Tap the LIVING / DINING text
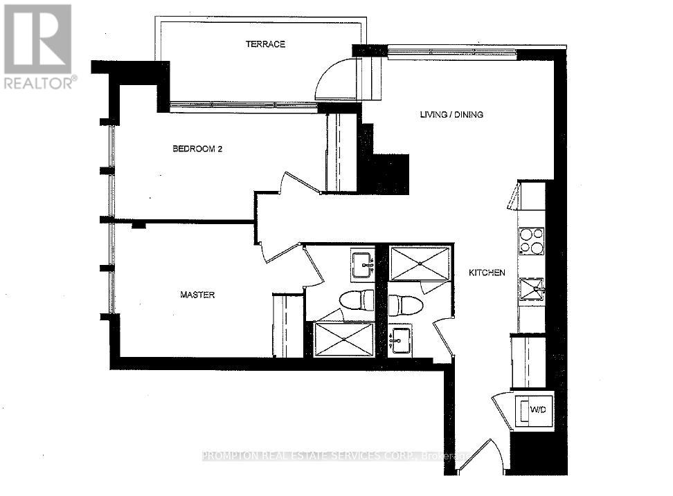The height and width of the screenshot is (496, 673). [451, 114]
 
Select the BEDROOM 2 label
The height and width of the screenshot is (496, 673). [197, 149]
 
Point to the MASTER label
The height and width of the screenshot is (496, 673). [197, 295]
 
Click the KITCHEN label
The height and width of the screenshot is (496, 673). [487, 273]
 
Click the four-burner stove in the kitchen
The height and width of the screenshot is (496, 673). [531, 241]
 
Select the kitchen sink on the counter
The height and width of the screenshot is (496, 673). [532, 288]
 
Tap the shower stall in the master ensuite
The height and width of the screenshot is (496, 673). [344, 340]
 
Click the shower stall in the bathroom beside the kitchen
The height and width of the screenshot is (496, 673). [420, 263]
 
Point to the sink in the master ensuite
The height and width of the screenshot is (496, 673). [361, 264]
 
